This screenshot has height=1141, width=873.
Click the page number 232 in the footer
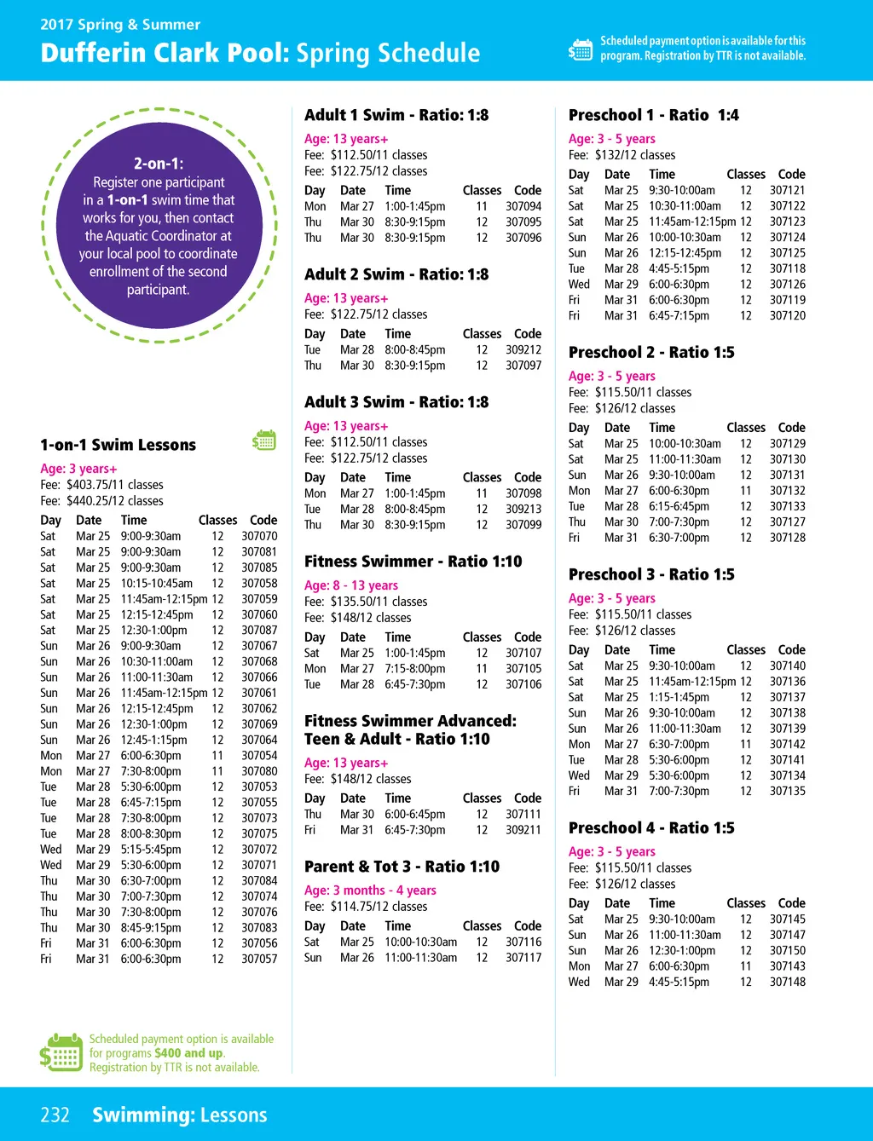[55, 1115]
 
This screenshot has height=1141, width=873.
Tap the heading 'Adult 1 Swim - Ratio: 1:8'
[396, 115]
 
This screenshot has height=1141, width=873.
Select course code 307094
[523, 206]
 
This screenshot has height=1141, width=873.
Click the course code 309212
[523, 349]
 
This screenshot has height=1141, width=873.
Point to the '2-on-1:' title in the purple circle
[159, 164]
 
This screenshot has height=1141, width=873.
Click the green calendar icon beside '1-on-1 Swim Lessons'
[264, 440]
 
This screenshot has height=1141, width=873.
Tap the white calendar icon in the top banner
[580, 49]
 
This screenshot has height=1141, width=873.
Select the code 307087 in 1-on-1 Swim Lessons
[259, 630]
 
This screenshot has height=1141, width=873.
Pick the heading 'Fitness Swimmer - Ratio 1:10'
[413, 562]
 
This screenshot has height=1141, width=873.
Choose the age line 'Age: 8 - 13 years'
[351, 585]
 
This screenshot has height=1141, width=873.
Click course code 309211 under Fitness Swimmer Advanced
[523, 830]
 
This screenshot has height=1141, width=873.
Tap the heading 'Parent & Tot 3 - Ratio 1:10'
[402, 867]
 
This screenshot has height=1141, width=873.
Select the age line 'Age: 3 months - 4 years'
[370, 890]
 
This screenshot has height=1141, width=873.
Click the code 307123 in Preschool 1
[788, 222]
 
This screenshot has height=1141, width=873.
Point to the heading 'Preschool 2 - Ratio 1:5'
[651, 353]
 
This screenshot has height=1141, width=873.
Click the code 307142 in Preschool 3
[788, 744]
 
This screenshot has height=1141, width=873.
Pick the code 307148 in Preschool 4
[788, 982]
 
